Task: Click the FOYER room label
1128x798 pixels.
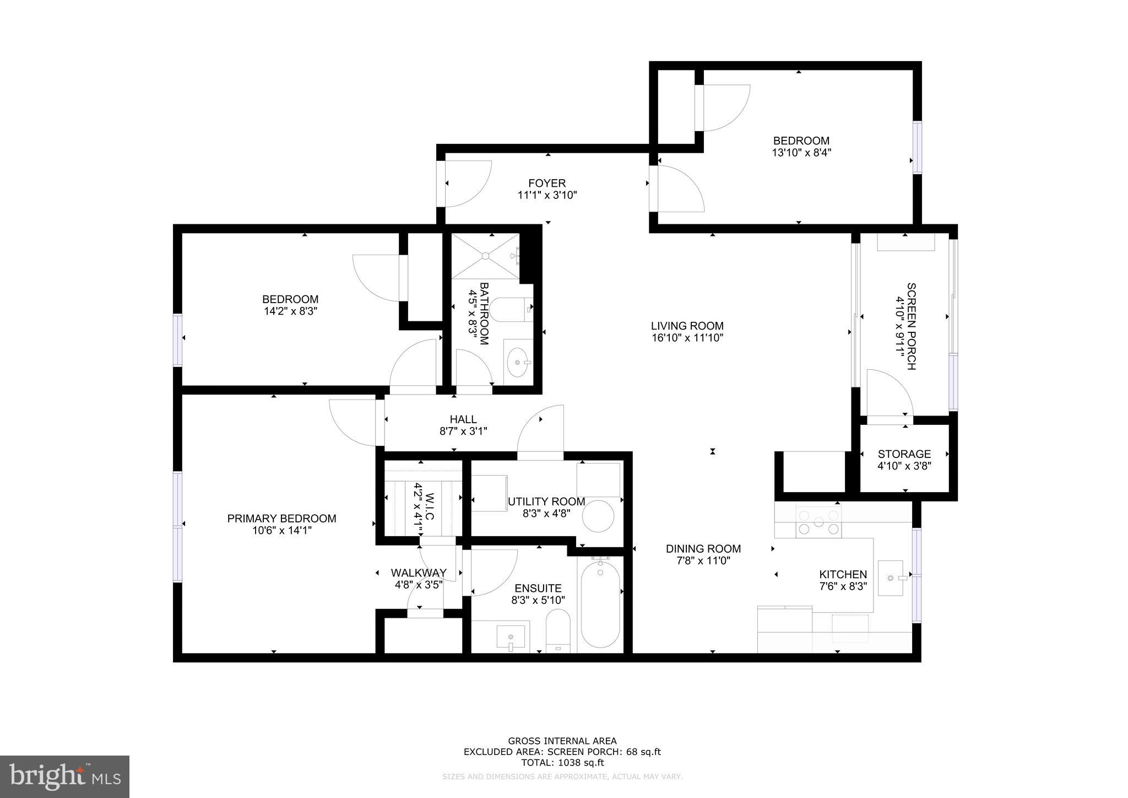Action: pos(546,183)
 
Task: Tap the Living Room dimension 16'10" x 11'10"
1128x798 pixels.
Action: pos(687,338)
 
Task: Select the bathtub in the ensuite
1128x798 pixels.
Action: pos(600,605)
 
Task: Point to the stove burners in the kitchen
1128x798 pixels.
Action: pos(818,522)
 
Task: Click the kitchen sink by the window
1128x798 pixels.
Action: pos(891,578)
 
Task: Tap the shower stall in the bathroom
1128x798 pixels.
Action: pos(485,256)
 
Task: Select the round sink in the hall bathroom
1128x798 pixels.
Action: pos(518,362)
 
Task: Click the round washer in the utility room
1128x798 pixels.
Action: pos(598,516)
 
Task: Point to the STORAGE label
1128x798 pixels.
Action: pos(904,454)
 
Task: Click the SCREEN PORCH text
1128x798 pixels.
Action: pos(911,326)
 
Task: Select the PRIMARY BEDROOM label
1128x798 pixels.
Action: pos(281,519)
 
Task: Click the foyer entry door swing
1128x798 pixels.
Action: pos(467,184)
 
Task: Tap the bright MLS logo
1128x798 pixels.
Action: pos(64,777)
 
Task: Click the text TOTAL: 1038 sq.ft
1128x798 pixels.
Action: pos(562,763)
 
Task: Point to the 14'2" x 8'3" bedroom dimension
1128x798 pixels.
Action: pos(290,311)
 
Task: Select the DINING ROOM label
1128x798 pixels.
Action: pos(703,549)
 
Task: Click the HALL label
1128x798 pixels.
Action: pos(463,419)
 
